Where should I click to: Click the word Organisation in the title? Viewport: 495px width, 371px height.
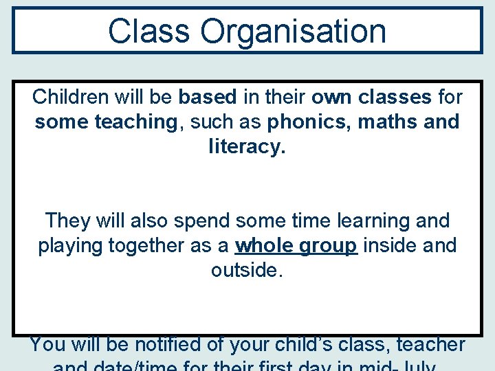(x=294, y=32)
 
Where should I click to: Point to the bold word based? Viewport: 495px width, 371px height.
(x=206, y=97)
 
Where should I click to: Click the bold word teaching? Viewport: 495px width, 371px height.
(x=136, y=122)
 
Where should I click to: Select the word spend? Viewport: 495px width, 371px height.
(x=204, y=221)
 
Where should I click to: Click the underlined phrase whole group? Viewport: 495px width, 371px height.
(x=296, y=246)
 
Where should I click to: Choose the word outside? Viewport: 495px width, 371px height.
(x=247, y=270)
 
